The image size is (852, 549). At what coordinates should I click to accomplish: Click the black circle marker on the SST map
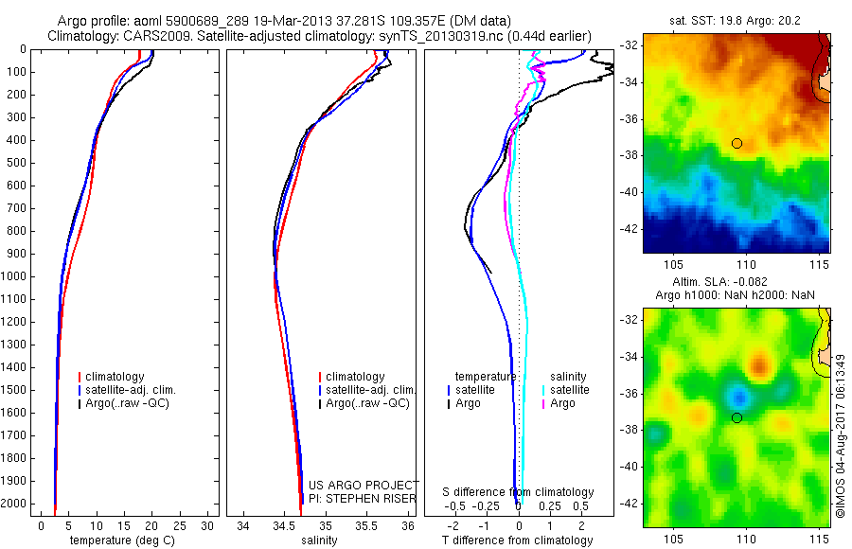(x=737, y=143)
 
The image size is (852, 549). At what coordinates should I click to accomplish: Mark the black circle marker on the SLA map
(x=737, y=417)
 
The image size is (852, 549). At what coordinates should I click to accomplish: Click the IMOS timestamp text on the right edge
(x=840, y=435)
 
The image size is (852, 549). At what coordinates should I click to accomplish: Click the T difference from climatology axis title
(x=518, y=540)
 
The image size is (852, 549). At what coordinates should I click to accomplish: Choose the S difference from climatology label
(x=519, y=492)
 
